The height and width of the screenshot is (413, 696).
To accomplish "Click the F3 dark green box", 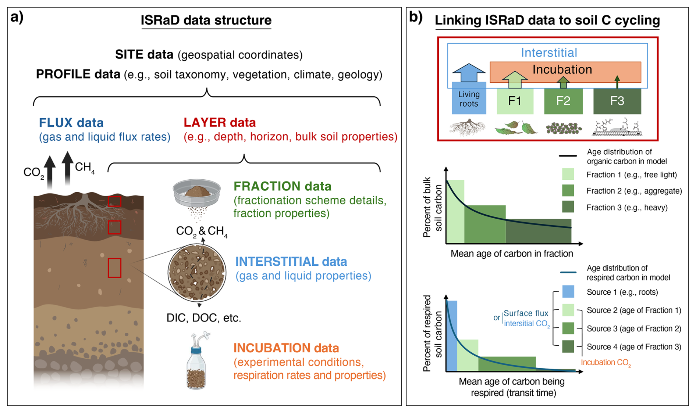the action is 617,101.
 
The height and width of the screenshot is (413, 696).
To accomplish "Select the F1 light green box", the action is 515,101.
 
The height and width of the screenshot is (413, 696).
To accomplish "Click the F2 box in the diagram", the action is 563,101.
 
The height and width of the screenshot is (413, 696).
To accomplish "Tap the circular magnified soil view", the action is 197,272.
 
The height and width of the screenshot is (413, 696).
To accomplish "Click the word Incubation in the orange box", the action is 562,69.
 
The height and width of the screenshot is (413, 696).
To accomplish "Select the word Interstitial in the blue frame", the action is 549,53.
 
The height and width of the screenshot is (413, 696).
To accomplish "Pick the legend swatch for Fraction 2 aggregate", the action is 568,190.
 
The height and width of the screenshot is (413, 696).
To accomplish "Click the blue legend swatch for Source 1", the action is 568,292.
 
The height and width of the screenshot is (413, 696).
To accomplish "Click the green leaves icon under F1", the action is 516,128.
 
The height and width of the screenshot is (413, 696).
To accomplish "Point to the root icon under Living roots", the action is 468,127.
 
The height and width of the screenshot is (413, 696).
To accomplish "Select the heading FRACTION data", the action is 283,186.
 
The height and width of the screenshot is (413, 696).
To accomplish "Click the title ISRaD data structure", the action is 206,20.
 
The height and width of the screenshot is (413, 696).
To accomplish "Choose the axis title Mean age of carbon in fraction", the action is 512,254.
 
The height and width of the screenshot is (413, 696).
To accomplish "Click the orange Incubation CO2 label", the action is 606,363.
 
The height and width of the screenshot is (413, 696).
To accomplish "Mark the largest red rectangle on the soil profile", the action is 114,268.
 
